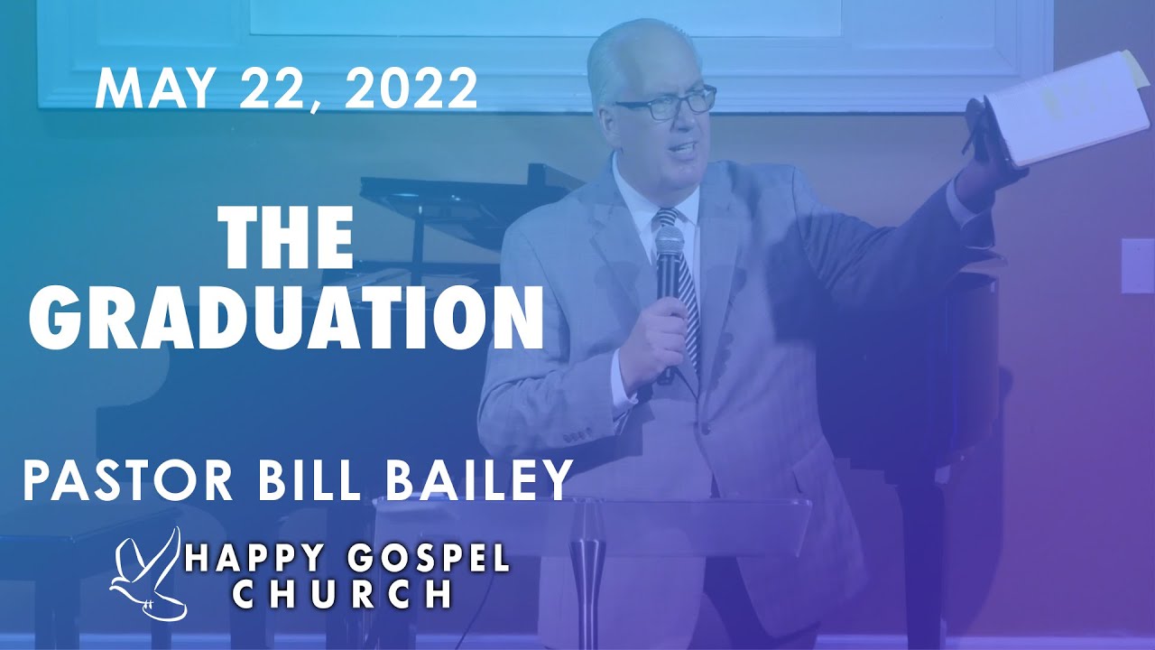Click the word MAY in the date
[151, 89]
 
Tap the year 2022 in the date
[411, 89]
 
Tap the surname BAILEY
[480, 480]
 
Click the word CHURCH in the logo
[342, 595]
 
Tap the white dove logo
[149, 575]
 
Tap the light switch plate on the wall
[1137, 265]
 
